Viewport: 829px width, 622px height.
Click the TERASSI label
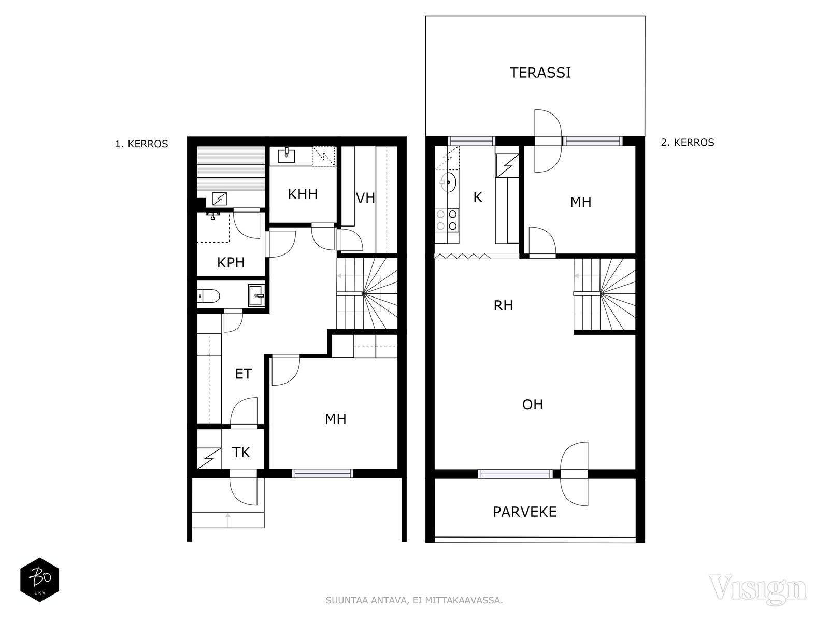point(540,73)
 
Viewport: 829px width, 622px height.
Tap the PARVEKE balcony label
point(524,512)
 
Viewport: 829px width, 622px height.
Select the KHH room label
point(303,194)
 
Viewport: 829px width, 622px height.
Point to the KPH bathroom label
point(231,262)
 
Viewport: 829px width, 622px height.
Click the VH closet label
point(365,198)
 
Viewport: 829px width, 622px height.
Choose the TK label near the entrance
point(240,452)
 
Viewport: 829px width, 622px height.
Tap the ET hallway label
point(243,374)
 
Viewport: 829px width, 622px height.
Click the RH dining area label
point(503,305)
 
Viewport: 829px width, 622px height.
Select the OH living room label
point(533,405)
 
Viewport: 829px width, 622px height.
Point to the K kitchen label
point(478,197)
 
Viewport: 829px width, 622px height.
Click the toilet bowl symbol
point(208,296)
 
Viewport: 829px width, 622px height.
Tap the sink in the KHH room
point(287,154)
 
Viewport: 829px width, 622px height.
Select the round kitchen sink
point(448,182)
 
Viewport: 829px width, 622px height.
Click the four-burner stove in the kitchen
point(447,220)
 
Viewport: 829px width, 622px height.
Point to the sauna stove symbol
point(220,199)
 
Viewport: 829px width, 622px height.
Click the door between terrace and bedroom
point(548,141)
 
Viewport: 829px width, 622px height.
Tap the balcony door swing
point(574,474)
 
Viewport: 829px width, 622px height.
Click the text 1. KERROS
point(141,144)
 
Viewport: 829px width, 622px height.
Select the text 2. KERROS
point(688,143)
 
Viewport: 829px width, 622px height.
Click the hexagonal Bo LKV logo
point(40,579)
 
